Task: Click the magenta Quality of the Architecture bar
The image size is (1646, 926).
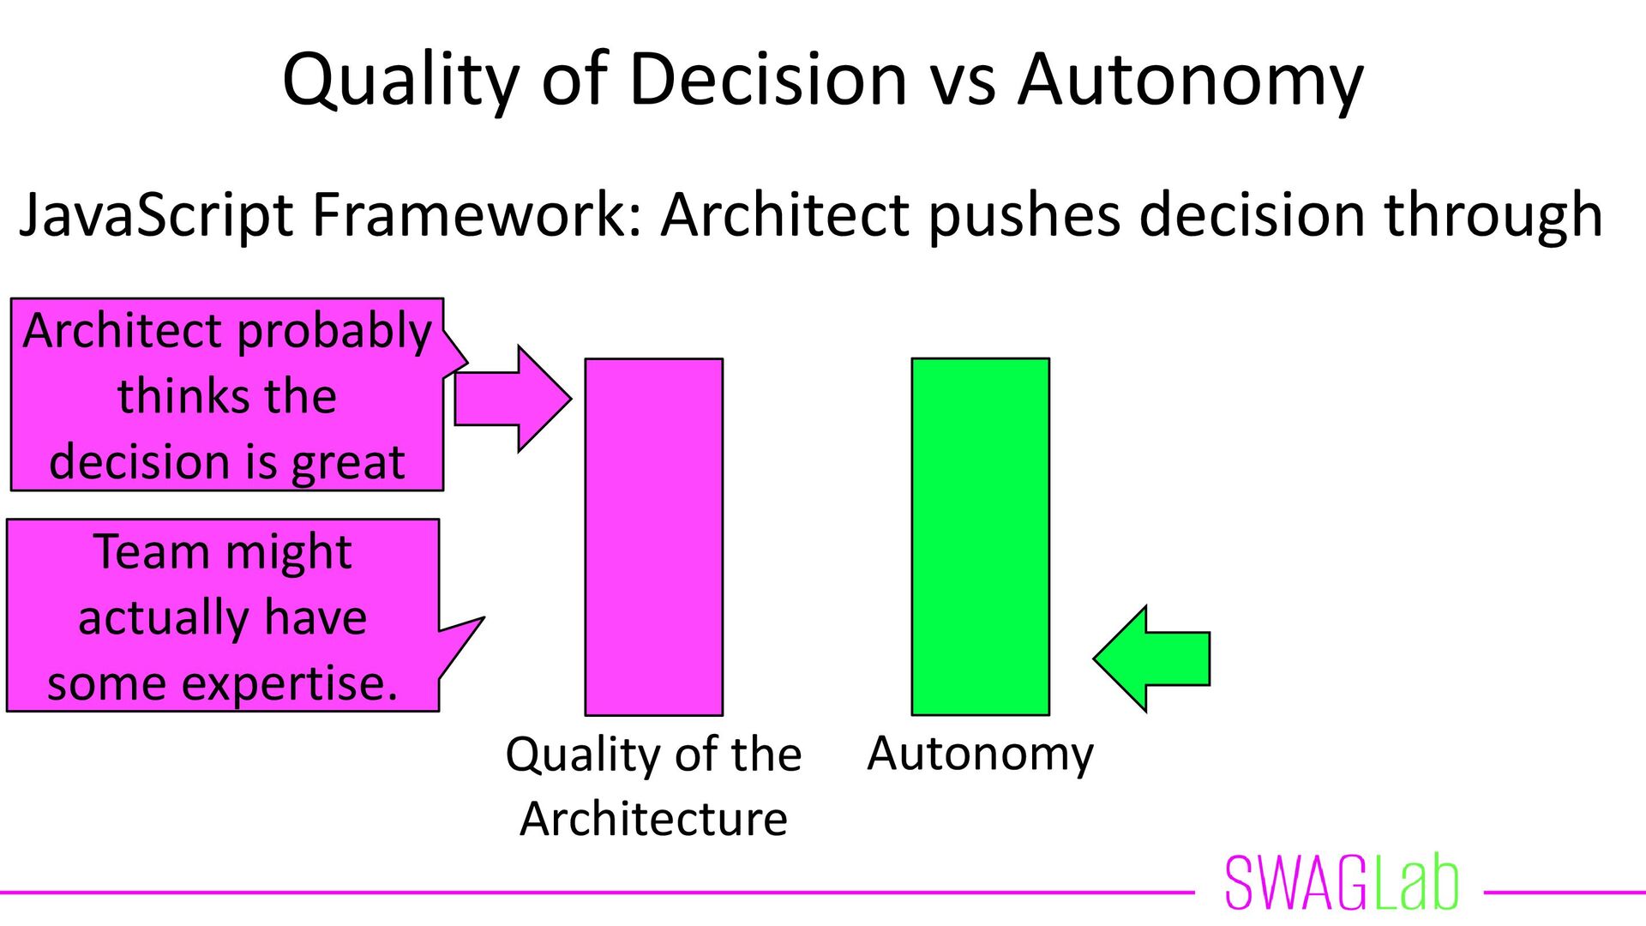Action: pyautogui.click(x=653, y=537)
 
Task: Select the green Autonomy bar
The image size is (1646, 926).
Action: pyautogui.click(x=980, y=537)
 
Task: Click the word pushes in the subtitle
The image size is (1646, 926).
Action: pyautogui.click(x=1024, y=215)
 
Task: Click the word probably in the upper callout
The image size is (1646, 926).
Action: pyautogui.click(x=334, y=333)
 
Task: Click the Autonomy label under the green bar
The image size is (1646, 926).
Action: pyautogui.click(x=980, y=755)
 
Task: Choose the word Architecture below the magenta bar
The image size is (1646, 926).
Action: pyautogui.click(x=653, y=819)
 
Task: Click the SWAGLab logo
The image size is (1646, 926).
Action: pyautogui.click(x=1341, y=883)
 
